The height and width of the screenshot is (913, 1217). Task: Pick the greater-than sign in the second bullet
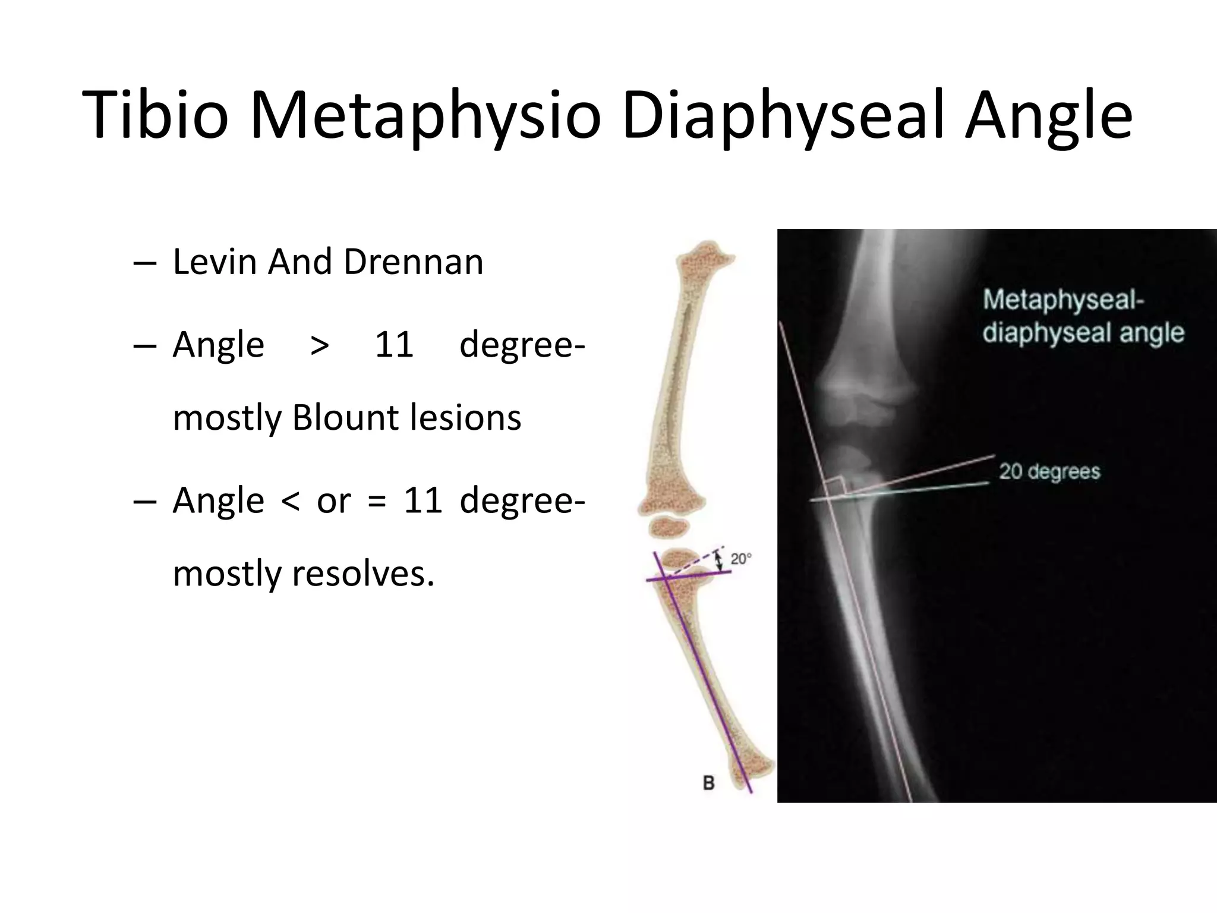(320, 345)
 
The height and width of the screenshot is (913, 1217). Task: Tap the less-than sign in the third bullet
(290, 500)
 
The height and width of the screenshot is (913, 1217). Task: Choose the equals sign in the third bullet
(376, 500)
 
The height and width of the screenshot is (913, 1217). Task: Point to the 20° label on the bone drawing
(740, 559)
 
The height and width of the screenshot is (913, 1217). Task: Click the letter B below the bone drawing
(708, 783)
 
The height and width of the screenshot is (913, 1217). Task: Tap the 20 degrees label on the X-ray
(1049, 471)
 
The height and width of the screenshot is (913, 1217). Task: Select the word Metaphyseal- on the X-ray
(1063, 300)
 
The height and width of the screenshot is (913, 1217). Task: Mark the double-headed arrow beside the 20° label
(720, 560)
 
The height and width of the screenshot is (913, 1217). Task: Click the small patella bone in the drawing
(669, 527)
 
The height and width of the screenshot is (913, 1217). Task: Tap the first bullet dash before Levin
(146, 263)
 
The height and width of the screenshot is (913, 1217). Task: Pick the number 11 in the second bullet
(394, 345)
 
